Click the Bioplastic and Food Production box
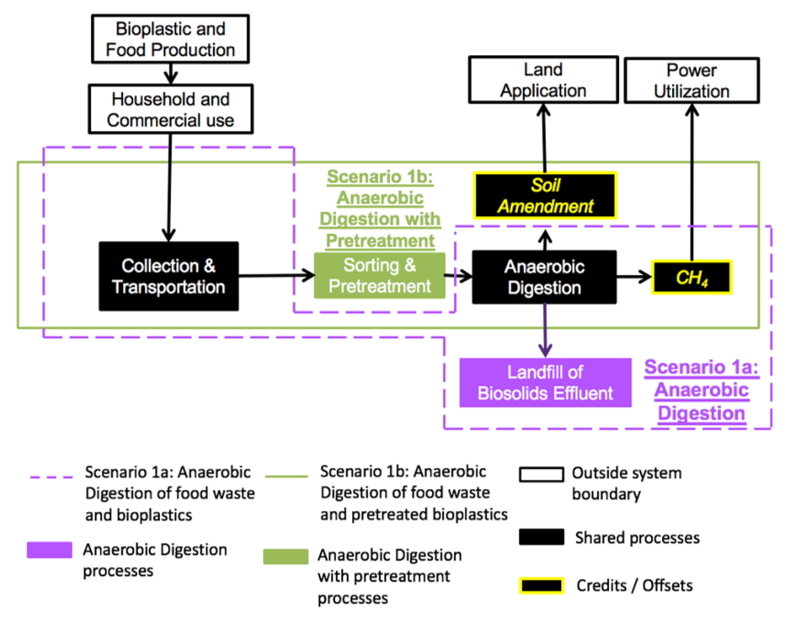point(170,39)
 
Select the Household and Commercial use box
point(170,109)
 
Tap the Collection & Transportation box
point(169,276)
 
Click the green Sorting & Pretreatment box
point(379,275)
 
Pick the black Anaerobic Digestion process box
point(544,277)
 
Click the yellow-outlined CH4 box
point(692,277)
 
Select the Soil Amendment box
point(545,195)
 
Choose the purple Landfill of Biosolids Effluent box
point(545,382)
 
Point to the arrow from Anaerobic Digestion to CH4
point(634,277)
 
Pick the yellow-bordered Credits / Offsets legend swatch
point(541,586)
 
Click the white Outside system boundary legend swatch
point(541,475)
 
